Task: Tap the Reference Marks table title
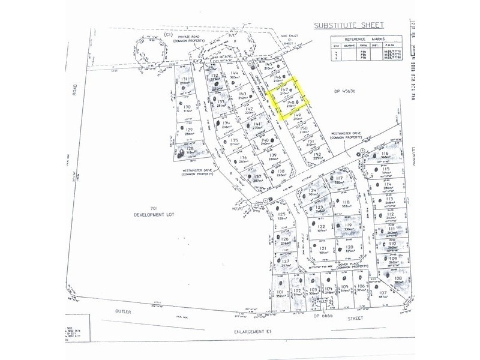[365, 38]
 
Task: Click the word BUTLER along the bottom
[122, 313]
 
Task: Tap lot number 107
[384, 292]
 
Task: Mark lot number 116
[385, 154]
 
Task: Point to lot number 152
[317, 154]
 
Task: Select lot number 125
[281, 214]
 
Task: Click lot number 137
[258, 176]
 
